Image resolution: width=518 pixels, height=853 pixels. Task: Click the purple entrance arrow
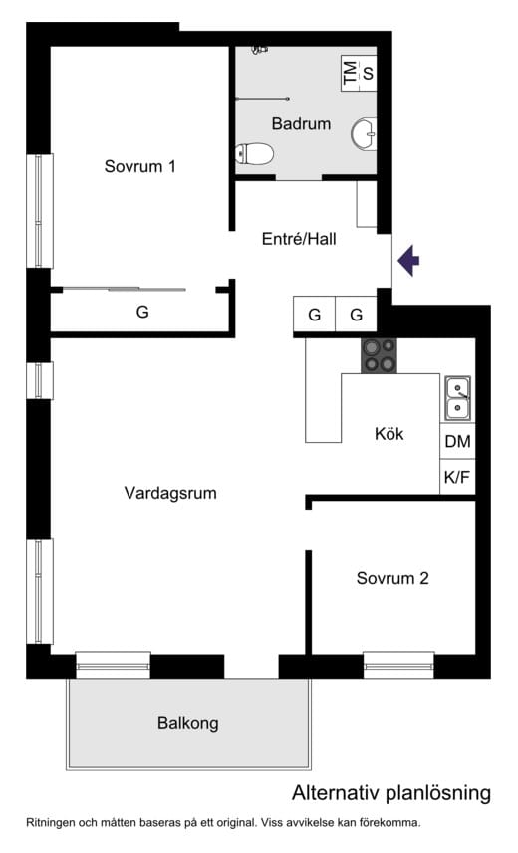point(409,261)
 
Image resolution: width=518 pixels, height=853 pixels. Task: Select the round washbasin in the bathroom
point(365,131)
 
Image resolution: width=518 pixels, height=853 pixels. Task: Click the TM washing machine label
point(349,72)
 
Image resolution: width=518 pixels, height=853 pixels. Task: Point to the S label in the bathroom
point(368,72)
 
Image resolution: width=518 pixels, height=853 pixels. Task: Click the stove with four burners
point(379,355)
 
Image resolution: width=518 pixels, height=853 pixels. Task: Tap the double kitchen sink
point(457,397)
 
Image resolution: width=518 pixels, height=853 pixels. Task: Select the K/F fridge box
point(457,477)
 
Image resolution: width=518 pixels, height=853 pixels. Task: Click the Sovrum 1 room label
point(140,166)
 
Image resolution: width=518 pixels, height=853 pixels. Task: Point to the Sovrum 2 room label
point(392,578)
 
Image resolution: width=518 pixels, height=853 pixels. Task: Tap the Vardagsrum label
point(170,492)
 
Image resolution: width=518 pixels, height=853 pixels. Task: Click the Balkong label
point(187,723)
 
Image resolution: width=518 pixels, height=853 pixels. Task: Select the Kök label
point(389,434)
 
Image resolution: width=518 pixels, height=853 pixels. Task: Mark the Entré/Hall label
point(299,239)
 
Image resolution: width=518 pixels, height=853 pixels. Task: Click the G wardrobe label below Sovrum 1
point(142,312)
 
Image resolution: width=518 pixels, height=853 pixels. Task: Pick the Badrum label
point(301,124)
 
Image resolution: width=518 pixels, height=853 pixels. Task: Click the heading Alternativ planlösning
point(390,793)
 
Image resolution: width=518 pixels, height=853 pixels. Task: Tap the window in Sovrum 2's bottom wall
point(398,664)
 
